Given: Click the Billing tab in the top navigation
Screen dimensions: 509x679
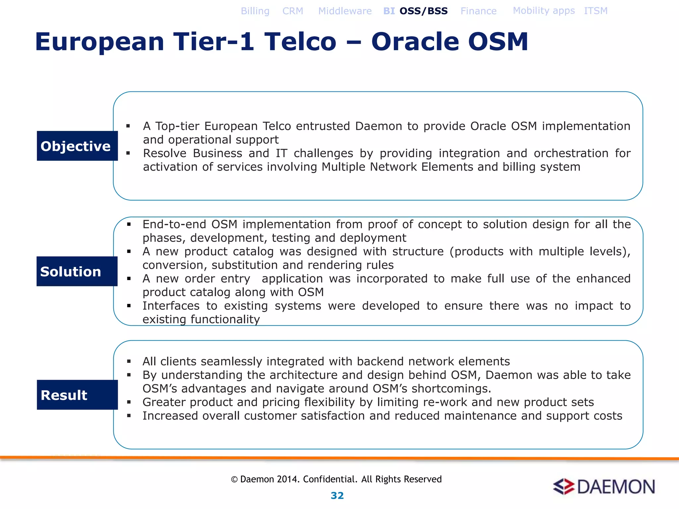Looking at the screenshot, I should coord(255,11).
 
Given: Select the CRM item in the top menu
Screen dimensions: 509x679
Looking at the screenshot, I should coord(293,11).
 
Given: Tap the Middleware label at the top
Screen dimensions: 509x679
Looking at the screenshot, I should coord(345,11).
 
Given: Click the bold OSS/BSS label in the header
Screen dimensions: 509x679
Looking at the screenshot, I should coord(423,11).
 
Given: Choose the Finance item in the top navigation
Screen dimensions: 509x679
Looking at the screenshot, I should coord(478,11).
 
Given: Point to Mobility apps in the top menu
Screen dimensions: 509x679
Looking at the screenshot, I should coord(544,11).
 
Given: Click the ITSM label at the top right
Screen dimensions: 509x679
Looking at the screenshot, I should coord(596,11).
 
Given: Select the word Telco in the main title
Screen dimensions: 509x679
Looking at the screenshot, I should coord(300,42).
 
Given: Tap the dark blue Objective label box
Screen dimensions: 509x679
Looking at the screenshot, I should coord(77,146).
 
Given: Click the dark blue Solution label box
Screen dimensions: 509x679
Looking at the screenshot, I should coord(77,271).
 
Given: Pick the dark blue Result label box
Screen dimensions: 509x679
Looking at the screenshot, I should coord(77,395).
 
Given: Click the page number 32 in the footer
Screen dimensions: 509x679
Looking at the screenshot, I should coord(337,495).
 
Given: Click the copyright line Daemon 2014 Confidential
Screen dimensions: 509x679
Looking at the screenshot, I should coord(336,479).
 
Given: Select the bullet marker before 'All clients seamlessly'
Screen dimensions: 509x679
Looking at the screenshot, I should coord(129,362).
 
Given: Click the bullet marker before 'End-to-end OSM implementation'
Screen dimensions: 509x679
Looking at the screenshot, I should coord(129,225).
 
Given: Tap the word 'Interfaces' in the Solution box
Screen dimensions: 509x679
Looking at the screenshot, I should coord(171,306).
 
